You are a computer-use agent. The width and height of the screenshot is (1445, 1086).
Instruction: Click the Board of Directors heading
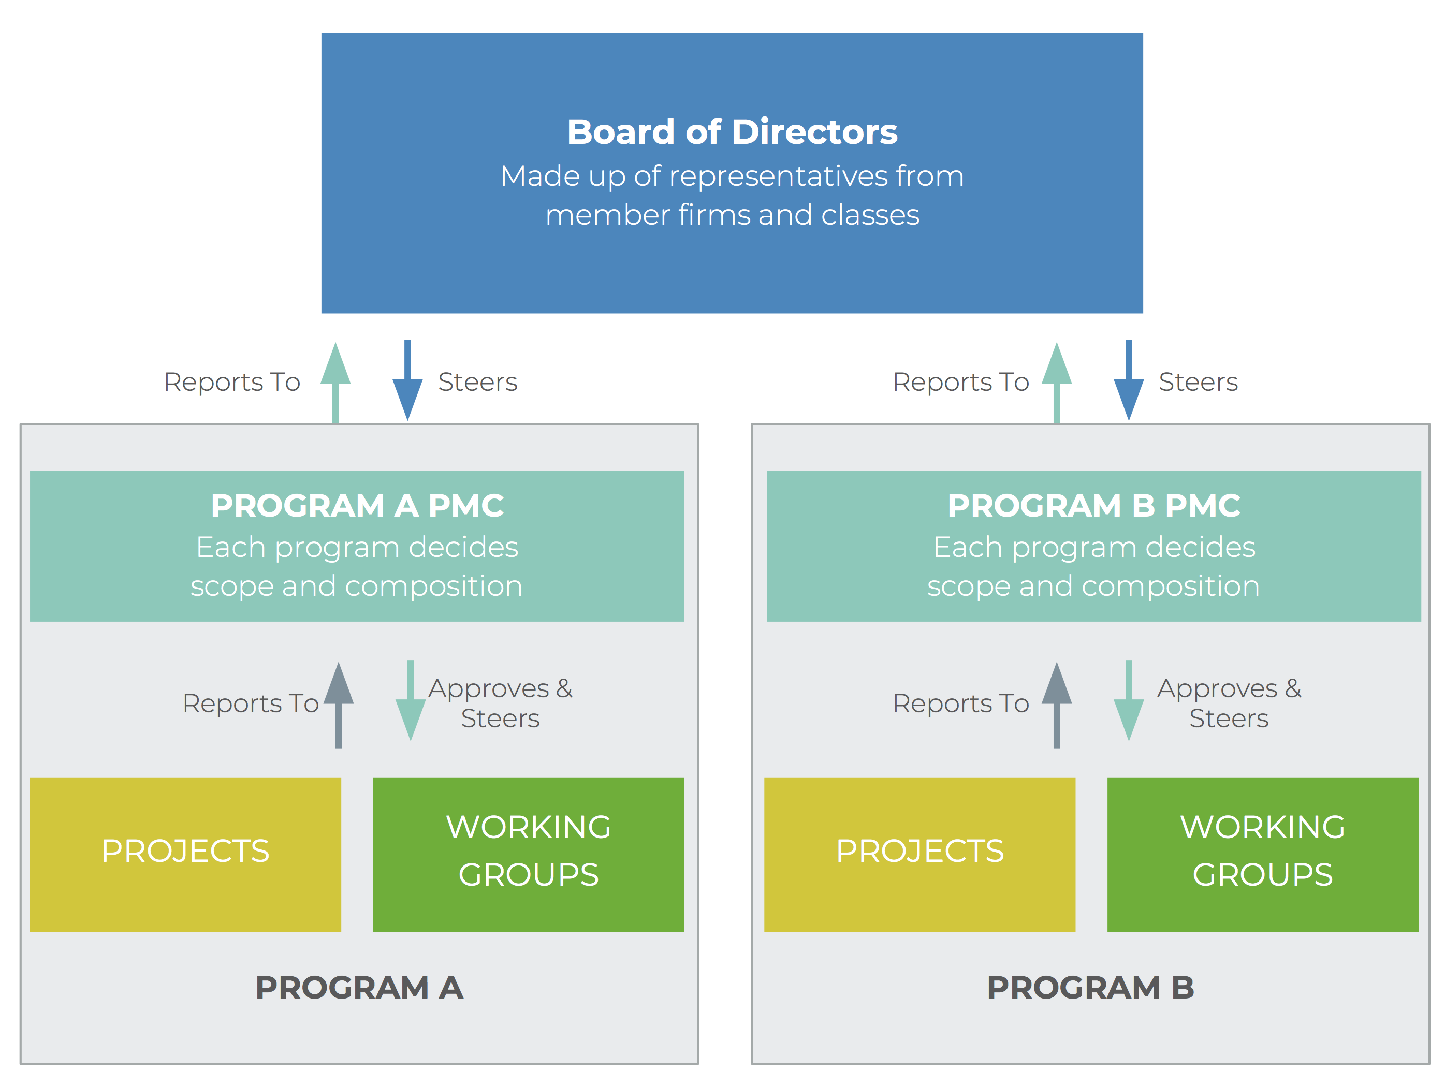732,132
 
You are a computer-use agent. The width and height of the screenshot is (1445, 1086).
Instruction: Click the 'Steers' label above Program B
1198,382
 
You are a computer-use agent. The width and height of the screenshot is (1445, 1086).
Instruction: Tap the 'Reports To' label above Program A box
232,382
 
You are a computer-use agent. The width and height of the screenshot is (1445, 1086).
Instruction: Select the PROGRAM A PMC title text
357,505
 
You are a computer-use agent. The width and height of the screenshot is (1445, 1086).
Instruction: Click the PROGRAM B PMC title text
1093,505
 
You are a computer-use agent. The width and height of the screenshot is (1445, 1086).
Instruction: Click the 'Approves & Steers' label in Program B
1229,703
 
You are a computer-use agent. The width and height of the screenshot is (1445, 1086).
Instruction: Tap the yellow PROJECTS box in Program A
185,854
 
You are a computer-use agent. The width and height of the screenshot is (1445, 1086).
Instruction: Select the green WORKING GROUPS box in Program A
529,854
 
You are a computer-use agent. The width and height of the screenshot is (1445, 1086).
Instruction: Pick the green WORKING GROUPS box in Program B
1262,854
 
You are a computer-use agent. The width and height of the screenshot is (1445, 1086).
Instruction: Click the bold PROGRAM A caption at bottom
359,988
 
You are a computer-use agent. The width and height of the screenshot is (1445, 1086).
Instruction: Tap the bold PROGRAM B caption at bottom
1090,988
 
